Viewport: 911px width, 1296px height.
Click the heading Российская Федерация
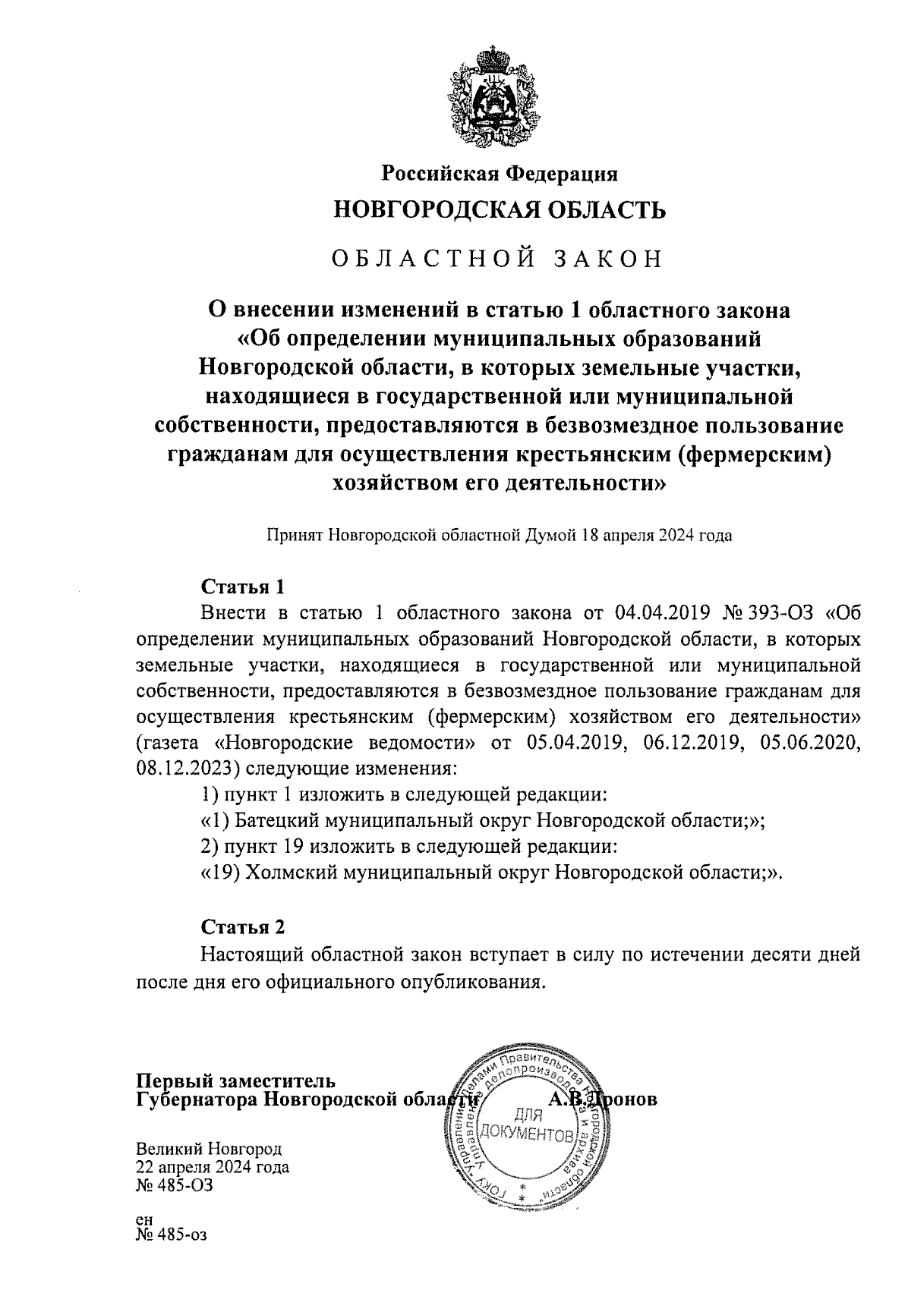pos(499,174)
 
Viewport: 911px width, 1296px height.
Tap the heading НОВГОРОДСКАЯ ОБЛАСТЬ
pos(500,209)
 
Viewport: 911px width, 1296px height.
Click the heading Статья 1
pos(243,587)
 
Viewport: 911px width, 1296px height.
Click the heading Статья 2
pos(243,927)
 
